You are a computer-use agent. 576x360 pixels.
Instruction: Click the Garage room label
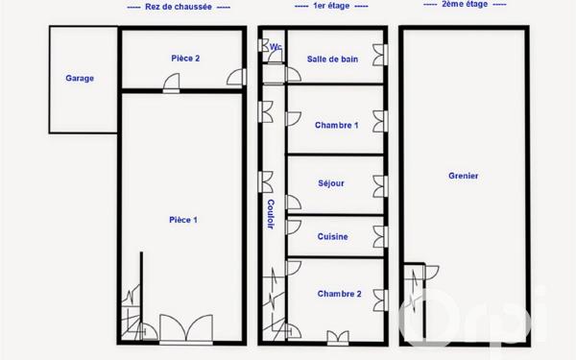[x=80, y=79]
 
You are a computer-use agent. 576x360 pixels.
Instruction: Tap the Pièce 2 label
[x=185, y=59]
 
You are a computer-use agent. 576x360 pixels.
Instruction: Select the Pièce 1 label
[x=183, y=220]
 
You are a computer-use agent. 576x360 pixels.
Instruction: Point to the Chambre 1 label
[x=337, y=125]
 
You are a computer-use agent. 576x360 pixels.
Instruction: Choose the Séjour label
[x=331, y=182]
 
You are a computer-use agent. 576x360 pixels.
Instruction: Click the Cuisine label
[x=333, y=236]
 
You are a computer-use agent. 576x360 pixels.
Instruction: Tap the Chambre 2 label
[x=339, y=294]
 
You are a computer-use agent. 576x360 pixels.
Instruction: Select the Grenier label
[x=464, y=176]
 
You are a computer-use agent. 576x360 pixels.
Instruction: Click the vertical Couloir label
[x=272, y=213]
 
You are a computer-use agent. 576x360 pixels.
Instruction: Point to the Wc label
[x=276, y=46]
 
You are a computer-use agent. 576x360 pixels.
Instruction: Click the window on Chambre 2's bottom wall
[x=338, y=336]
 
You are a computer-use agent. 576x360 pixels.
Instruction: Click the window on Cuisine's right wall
[x=381, y=236]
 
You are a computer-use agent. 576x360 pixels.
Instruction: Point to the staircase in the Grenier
[x=416, y=305]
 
